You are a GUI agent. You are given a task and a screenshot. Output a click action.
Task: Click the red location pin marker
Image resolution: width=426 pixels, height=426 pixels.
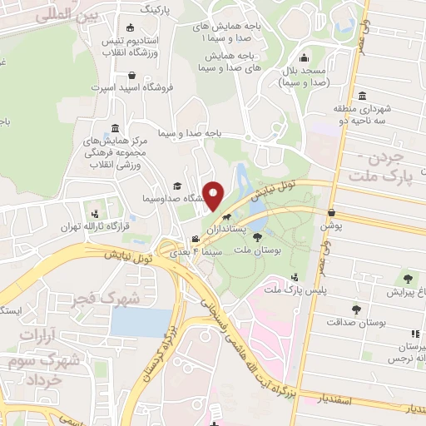214,196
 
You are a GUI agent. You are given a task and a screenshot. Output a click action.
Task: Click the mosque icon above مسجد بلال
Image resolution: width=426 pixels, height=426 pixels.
305,58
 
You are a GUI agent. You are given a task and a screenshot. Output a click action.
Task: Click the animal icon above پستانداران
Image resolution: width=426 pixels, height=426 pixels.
240,216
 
